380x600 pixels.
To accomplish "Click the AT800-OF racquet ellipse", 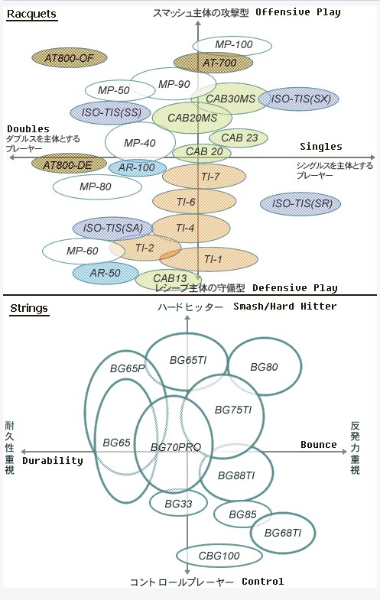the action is pos(69,58).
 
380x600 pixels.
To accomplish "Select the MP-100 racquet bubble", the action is pos(232,45).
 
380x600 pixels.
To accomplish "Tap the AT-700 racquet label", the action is pos(219,63).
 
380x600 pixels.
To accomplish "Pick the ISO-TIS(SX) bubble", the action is pos(299,99).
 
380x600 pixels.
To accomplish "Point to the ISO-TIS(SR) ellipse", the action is pos(300,203).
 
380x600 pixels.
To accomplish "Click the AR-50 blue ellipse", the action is pos(106,273).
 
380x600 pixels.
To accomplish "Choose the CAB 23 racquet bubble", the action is pos(239,138).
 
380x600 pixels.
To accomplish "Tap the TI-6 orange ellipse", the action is pos(194,202).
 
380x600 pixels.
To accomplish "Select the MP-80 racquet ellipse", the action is pos(97,186).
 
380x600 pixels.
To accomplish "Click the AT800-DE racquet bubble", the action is pos(69,165).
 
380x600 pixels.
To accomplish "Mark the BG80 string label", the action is pos(264,367).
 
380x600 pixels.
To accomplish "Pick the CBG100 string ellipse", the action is pos(219,556).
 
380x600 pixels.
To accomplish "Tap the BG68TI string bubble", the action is pos(283,533).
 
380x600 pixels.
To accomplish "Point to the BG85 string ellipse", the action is pos(242,514).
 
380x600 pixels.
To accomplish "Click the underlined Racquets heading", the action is pos(32,15).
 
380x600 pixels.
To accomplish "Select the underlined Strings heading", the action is pos(29,309).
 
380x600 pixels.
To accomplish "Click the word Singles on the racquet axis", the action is pos(320,147).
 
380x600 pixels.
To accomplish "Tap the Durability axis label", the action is pos(53,461).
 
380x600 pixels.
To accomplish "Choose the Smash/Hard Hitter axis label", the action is pos(285,306).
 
